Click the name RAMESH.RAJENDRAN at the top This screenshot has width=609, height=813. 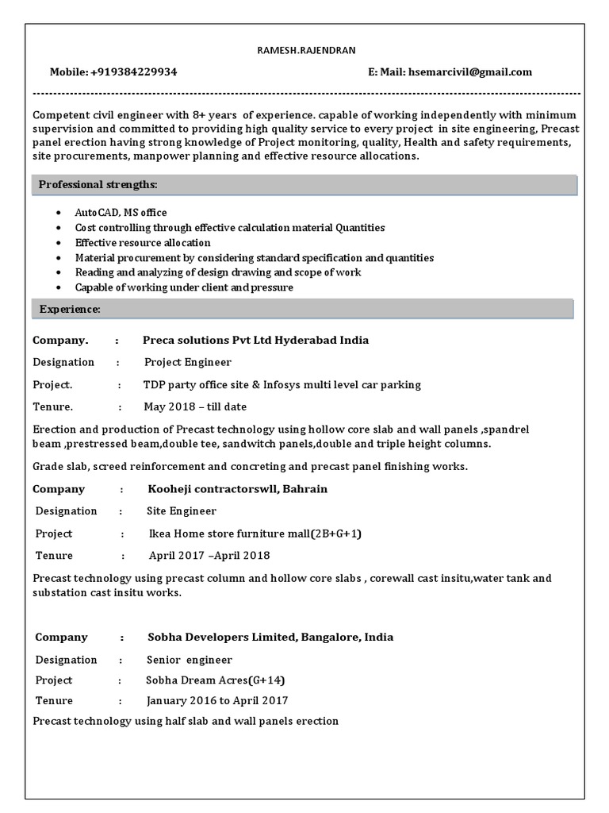304,51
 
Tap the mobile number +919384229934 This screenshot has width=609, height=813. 133,72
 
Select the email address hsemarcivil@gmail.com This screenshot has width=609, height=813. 469,72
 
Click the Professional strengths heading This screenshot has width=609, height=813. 98,185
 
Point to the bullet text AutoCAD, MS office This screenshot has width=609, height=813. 121,213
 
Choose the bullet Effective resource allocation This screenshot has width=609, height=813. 143,243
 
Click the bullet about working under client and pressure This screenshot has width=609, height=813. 184,287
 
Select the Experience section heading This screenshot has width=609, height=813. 70,309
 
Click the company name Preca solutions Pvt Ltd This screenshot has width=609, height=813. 255,340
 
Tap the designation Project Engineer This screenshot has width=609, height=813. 188,362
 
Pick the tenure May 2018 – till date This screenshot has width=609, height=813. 195,406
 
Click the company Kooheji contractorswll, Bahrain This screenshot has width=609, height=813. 237,489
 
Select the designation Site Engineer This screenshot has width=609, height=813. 182,511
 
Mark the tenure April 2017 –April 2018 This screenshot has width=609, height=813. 209,556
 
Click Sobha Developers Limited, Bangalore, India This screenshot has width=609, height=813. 270,637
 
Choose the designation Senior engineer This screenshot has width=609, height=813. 190,660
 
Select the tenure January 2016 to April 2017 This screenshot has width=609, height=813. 217,701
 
